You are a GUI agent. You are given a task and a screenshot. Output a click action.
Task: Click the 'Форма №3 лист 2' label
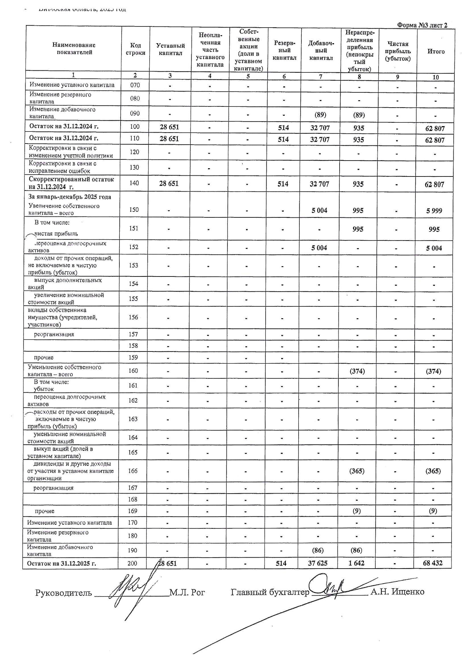coord(422,25)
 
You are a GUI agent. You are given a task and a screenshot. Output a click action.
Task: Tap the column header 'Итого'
coord(436,52)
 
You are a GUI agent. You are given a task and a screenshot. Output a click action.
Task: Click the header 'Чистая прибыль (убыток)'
coord(398,52)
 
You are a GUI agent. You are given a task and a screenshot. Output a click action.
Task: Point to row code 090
coord(135,113)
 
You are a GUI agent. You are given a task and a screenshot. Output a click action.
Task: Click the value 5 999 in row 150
coord(434,211)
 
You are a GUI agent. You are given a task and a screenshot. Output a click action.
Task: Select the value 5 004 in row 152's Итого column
coord(434,248)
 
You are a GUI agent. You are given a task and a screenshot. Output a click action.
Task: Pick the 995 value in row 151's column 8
coord(358,229)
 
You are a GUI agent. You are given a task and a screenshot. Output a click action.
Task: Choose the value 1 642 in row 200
coord(356,563)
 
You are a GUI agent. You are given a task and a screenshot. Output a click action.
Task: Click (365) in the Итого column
coord(433,471)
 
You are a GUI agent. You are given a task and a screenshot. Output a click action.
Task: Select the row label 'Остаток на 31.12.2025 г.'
coord(61,563)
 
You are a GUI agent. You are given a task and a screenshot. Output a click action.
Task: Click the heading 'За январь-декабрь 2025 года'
coord(70,197)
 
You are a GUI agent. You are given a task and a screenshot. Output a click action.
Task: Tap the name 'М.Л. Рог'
coord(187,592)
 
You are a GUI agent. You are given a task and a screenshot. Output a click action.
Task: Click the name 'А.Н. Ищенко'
coord(397,592)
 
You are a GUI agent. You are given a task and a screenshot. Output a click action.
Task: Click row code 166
coord(133,471)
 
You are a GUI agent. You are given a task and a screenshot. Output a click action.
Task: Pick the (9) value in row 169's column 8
coord(357,511)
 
